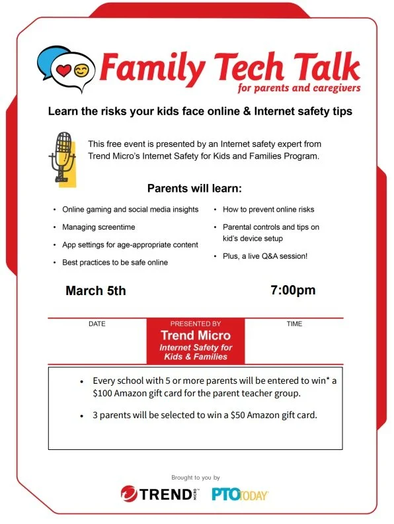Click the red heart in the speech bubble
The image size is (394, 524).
[x=64, y=68]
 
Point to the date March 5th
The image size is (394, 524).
[x=95, y=290]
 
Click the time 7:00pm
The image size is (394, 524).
[x=293, y=290]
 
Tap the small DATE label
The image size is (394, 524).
[x=97, y=324]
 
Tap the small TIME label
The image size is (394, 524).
[x=294, y=324]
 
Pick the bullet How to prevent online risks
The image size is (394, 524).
[x=268, y=210]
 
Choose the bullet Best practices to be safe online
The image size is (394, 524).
[x=115, y=263]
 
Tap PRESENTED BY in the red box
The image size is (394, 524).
[x=195, y=324]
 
